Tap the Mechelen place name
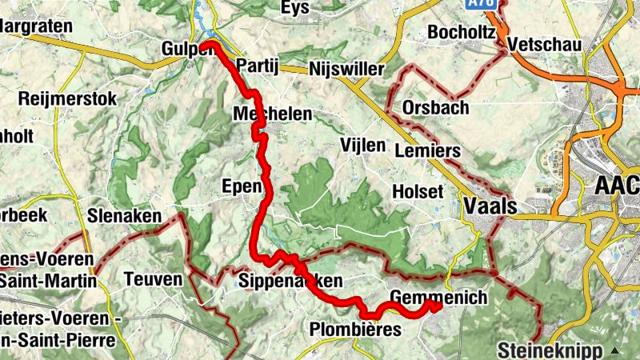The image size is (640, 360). click(x=272, y=114)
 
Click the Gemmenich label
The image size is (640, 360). click(x=438, y=298)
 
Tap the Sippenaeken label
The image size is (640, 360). click(x=290, y=281)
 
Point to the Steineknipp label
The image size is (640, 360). click(x=550, y=350)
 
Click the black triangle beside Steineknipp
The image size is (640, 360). click(x=614, y=350)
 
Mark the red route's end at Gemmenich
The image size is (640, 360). click(x=438, y=306)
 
